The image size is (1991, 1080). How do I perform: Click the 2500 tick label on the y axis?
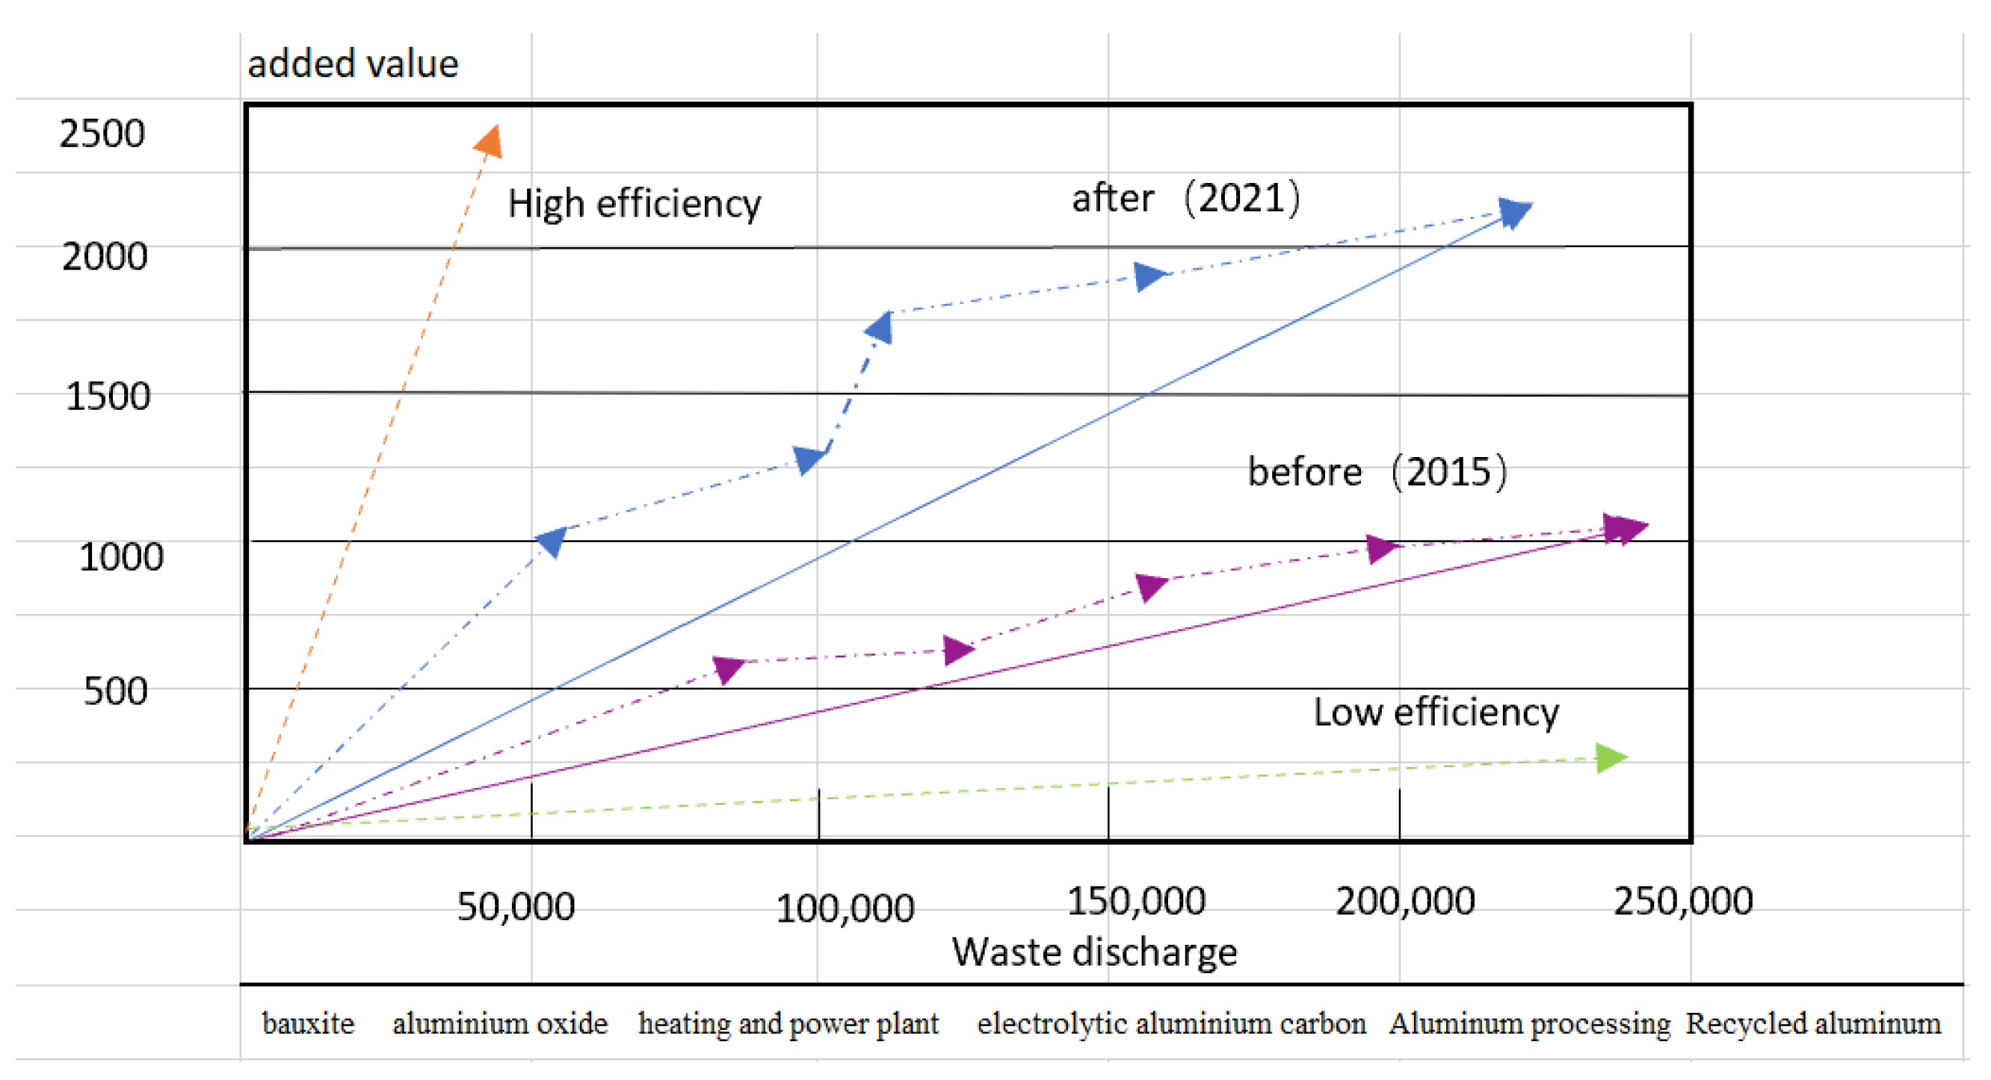pos(102,134)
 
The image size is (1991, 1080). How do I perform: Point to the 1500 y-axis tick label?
pos(108,397)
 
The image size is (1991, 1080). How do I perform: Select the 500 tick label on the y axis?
pos(115,691)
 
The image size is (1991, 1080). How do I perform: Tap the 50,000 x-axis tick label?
pos(516,906)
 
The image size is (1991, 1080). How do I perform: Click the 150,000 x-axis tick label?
pos(1135,901)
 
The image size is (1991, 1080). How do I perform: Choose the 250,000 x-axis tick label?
pos(1682,901)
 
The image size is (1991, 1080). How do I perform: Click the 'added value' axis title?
pos(353,63)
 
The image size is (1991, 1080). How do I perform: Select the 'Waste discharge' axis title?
pos(1093,952)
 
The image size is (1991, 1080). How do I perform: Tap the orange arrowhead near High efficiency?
pos(490,141)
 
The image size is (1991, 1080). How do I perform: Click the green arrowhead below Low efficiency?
pos(1611,758)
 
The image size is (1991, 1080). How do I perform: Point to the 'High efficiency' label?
pos(634,204)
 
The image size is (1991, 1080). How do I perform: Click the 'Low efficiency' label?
pos(1435,713)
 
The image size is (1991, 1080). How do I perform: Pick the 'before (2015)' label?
pos(1377,471)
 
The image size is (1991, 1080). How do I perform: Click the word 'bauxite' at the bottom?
pos(309,1023)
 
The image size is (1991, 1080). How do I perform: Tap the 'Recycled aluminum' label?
pos(1812,1023)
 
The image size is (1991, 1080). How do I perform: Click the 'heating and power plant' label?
pos(788,1023)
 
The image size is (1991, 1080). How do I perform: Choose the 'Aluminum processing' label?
pos(1529,1023)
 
